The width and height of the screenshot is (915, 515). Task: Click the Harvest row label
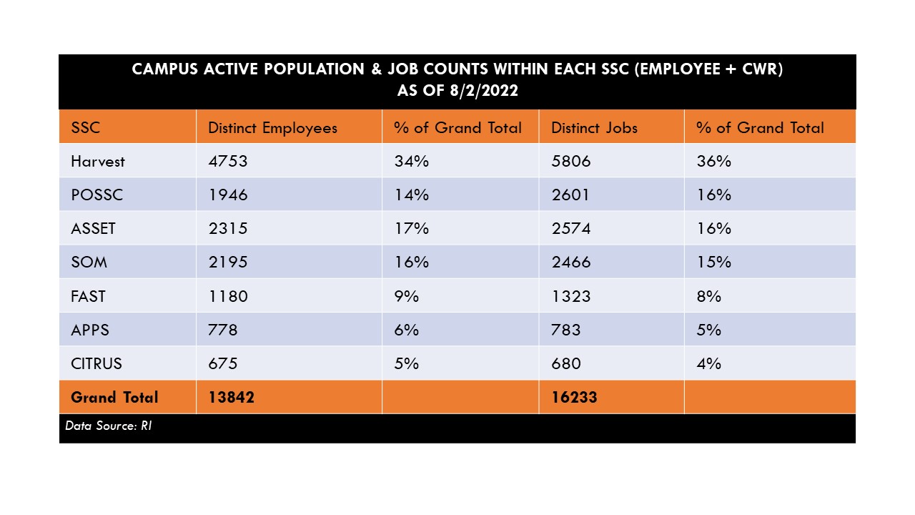click(98, 162)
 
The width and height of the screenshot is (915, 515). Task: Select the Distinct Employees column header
click(272, 128)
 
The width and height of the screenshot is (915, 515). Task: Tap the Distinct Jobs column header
click(594, 128)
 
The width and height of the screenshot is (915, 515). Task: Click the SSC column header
click(85, 128)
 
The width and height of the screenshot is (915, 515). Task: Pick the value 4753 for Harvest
click(228, 162)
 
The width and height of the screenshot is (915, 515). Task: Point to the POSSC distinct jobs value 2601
click(570, 195)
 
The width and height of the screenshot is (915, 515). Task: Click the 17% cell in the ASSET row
click(411, 228)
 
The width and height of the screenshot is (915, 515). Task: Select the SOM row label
click(89, 262)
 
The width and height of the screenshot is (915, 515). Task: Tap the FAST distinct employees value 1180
click(228, 296)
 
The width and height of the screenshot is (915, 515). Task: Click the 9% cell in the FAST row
click(407, 296)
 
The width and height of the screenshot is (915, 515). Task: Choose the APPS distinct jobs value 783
click(565, 330)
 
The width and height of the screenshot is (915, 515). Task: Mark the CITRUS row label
click(97, 363)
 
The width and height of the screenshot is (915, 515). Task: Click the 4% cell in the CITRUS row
click(708, 363)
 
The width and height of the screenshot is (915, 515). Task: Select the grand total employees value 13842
click(231, 397)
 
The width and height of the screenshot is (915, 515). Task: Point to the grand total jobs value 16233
click(574, 397)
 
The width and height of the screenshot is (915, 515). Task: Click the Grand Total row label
click(114, 397)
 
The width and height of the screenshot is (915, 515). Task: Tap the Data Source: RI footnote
click(108, 426)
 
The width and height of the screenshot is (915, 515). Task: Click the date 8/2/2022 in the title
click(484, 90)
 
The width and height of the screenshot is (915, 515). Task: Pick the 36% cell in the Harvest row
click(713, 162)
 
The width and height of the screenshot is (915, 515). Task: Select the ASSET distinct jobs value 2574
click(571, 228)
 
